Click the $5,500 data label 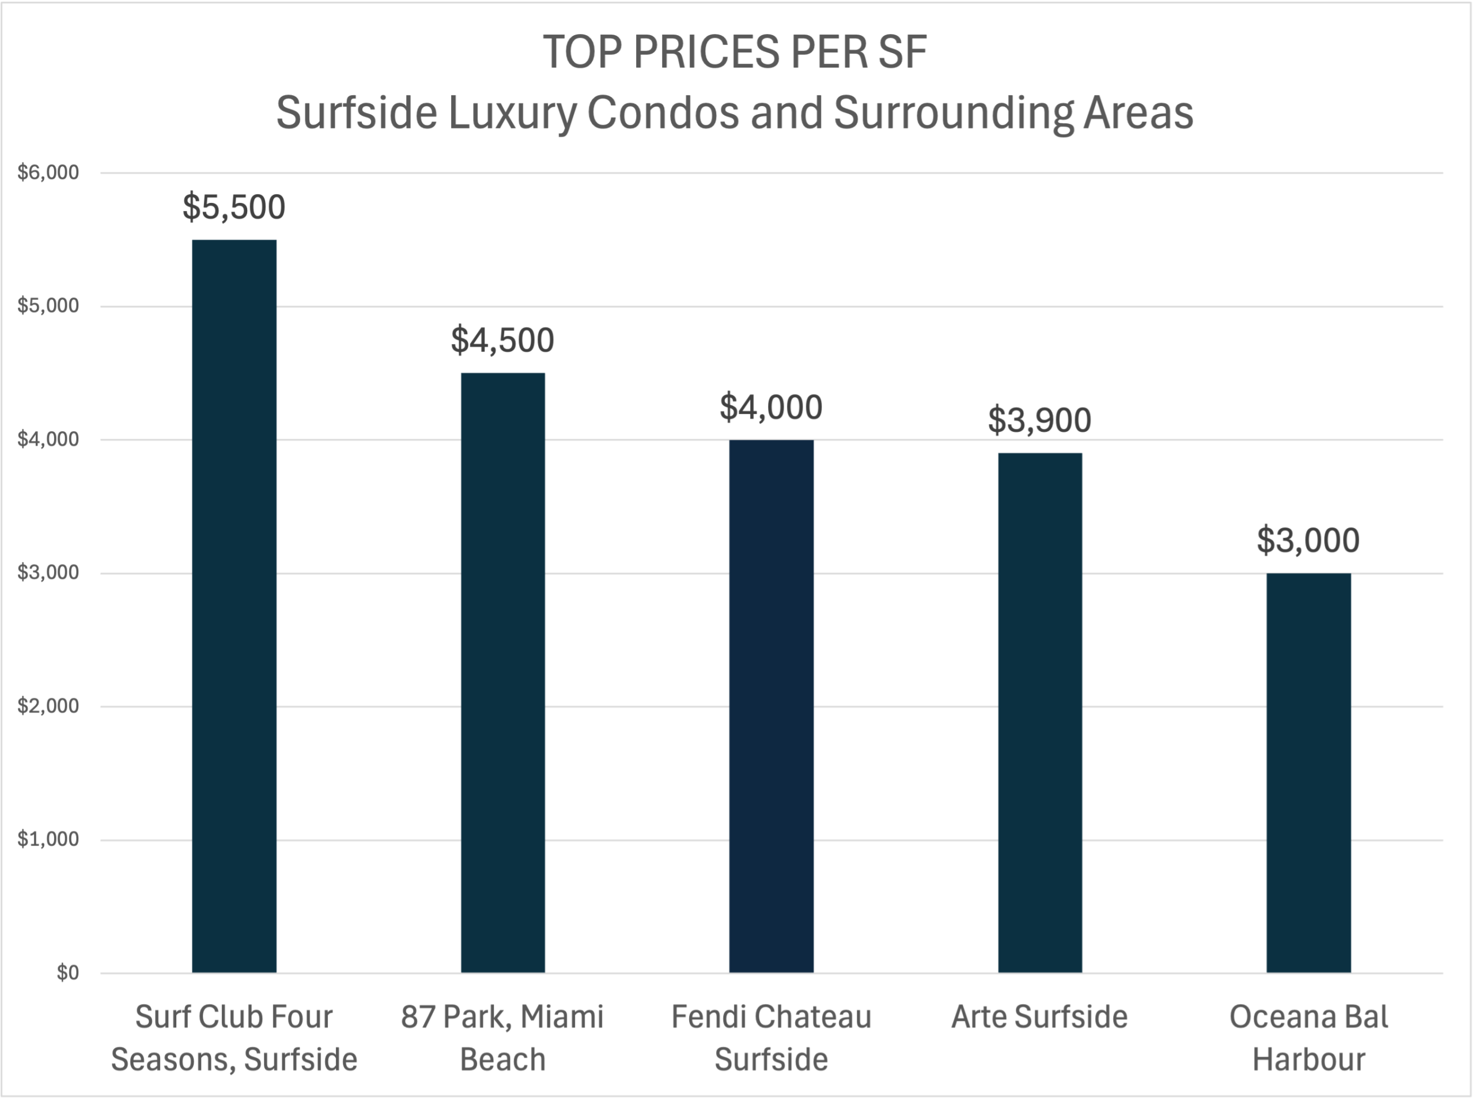click(234, 206)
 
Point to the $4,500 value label click(502, 340)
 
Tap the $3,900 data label click(1039, 420)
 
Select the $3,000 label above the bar click(1308, 540)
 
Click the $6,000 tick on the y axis click(48, 172)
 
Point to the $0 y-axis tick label click(67, 973)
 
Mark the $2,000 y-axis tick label click(48, 706)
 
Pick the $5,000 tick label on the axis click(48, 306)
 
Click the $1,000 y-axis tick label click(48, 839)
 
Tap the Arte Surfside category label click(1039, 1017)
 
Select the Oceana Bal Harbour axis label click(1308, 1038)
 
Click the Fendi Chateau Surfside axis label click(771, 1038)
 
